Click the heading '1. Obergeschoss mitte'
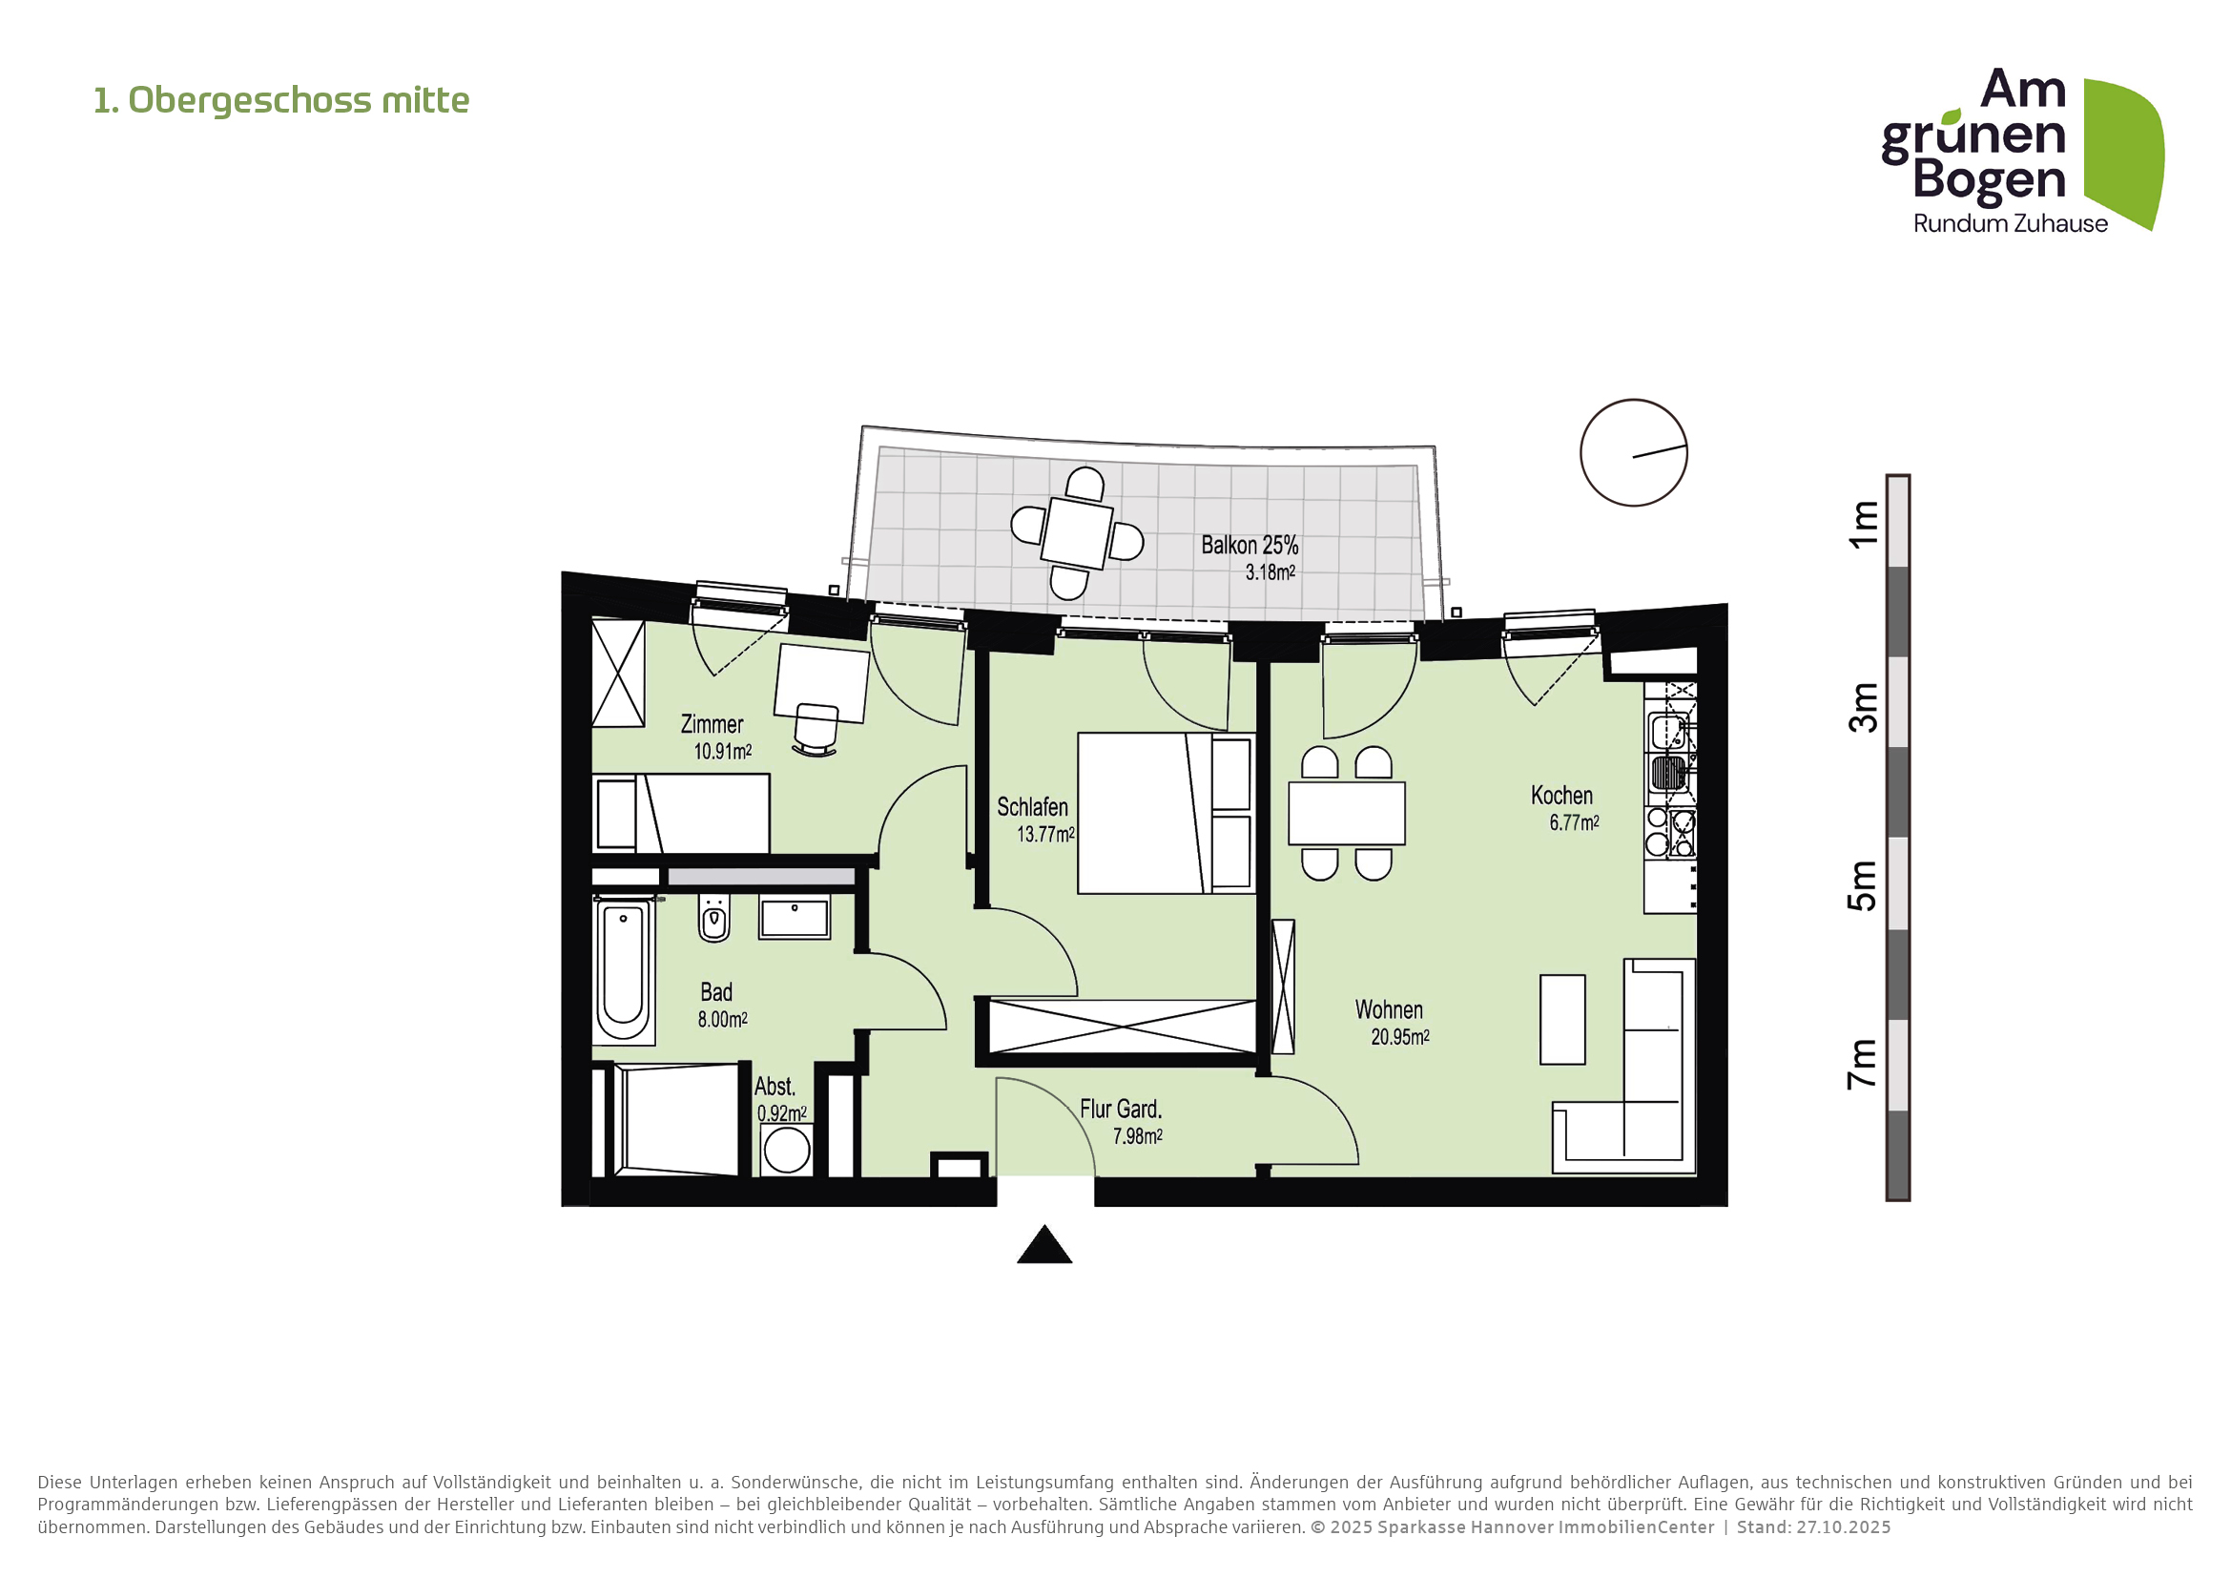pyautogui.click(x=280, y=100)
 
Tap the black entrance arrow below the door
pyautogui.click(x=1043, y=1247)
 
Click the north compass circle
pyautogui.click(x=1632, y=453)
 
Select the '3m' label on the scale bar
pyautogui.click(x=1863, y=706)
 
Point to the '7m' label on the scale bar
pyautogui.click(x=1863, y=1064)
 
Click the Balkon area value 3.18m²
pyautogui.click(x=1270, y=572)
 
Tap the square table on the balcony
pyautogui.click(x=1077, y=533)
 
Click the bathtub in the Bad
pyautogui.click(x=623, y=970)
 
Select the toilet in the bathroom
pyautogui.click(x=714, y=919)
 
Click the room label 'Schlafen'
pyautogui.click(x=1032, y=807)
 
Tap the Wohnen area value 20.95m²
pyautogui.click(x=1399, y=1038)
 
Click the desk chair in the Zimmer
pyautogui.click(x=816, y=729)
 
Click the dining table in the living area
pyautogui.click(x=1346, y=813)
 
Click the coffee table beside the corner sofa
pyautogui.click(x=1561, y=1020)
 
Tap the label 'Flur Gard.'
pyautogui.click(x=1121, y=1110)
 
